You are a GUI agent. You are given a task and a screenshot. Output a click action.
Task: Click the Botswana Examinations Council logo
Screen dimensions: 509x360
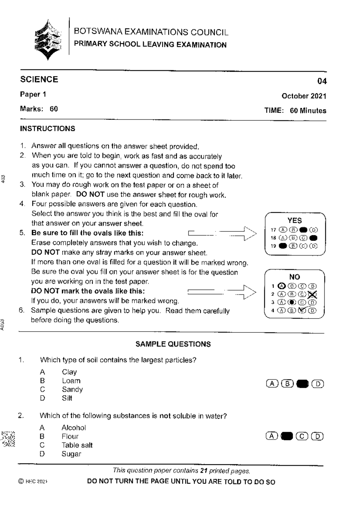coord(48,40)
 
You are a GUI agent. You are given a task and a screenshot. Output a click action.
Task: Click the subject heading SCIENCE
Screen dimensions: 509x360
coord(39,79)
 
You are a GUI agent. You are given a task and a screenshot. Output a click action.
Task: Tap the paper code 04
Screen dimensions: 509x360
coord(322,81)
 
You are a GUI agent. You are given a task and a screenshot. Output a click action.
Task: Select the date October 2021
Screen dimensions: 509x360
coord(304,96)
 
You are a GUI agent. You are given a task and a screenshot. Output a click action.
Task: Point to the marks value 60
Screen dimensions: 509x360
coord(54,109)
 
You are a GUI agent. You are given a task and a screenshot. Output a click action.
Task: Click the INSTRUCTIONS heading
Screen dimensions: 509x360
coord(47,129)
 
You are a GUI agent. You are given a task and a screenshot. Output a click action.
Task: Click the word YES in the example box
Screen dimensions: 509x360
coord(295,221)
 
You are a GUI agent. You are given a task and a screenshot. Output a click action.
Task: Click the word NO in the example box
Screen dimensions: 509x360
coord(294,277)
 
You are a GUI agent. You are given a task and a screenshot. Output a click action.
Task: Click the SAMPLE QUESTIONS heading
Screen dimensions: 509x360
coord(173,344)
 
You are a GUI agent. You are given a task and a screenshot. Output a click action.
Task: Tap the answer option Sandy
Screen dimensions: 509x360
coord(72,389)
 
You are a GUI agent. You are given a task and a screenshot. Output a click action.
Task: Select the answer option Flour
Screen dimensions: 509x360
coord(70,436)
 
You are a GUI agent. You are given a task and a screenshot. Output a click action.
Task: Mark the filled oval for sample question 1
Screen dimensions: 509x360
coord(302,384)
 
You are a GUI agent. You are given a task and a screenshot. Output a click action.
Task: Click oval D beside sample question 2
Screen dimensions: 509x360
coord(317,436)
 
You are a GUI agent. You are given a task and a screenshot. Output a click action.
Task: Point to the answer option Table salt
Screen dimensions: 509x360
coord(77,445)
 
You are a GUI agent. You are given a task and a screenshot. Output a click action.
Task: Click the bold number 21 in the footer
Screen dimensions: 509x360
coord(204,471)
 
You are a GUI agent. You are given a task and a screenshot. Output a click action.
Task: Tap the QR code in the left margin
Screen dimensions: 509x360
coord(8,439)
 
